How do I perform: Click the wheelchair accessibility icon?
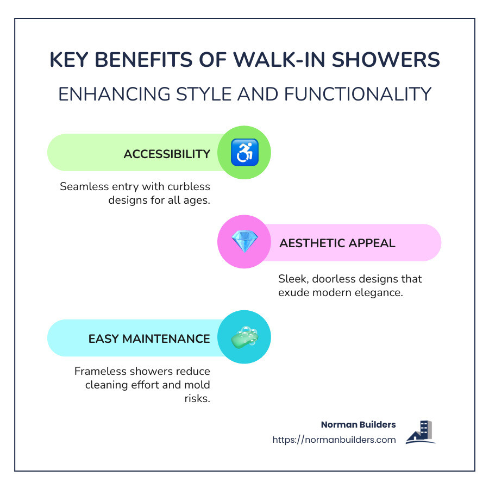pos(244,153)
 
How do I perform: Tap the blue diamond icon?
pos(244,242)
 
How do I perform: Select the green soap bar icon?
pos(244,337)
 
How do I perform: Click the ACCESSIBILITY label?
pos(167,154)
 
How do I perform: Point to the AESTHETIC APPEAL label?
pos(337,243)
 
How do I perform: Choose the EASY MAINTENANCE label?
pos(149,338)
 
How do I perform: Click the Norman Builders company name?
pos(359,424)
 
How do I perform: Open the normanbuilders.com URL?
pos(334,440)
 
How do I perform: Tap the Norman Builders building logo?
pos(421,432)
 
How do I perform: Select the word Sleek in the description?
pos(292,279)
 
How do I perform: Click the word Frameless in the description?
pos(99,371)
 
